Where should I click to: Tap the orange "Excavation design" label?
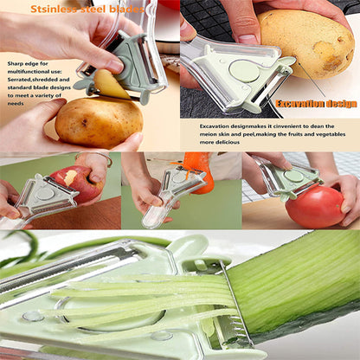coord(315,104)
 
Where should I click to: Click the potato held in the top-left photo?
coord(98,122)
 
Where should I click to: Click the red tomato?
coord(313,207)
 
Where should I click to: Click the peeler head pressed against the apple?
coord(43,196)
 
